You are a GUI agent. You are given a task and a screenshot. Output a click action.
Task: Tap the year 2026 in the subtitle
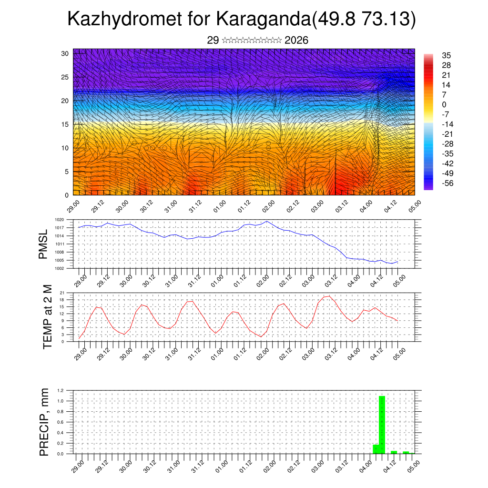click(296, 41)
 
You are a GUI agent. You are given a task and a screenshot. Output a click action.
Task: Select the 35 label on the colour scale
click(447, 56)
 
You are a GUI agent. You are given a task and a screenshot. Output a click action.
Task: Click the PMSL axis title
click(44, 244)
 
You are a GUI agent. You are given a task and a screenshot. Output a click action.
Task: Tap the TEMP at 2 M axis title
click(48, 316)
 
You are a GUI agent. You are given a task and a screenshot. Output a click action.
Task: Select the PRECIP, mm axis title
click(44, 422)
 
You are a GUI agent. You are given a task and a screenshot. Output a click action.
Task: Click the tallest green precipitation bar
click(382, 424)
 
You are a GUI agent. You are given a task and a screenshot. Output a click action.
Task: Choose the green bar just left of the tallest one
click(376, 449)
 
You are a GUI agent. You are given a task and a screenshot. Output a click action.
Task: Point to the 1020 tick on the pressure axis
click(60, 220)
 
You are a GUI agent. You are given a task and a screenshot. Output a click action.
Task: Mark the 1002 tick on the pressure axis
click(60, 268)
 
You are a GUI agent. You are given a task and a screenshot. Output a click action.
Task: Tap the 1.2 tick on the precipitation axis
click(61, 390)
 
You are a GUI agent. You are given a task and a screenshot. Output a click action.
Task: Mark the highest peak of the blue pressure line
click(266, 221)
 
